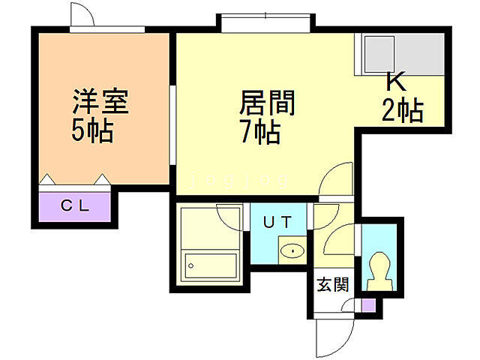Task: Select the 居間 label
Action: (267, 103)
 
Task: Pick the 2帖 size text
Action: (403, 111)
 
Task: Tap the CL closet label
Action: (76, 205)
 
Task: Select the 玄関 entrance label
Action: (331, 284)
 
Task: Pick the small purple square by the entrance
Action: (367, 305)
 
